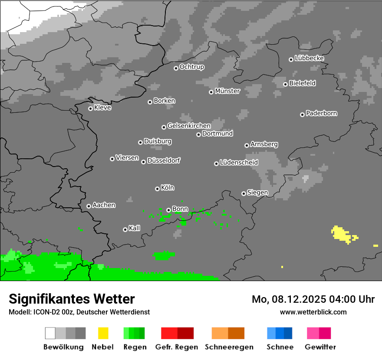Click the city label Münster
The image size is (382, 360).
[227, 91]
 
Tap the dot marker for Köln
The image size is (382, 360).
[157, 189]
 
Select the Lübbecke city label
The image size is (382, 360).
[309, 58]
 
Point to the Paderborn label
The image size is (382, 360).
[321, 113]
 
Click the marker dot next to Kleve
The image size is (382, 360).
[90, 108]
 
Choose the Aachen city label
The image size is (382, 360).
[104, 205]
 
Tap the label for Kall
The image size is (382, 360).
[135, 228]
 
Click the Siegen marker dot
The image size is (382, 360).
[244, 193]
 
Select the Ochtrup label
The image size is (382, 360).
[191, 67]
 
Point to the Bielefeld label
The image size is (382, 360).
[302, 83]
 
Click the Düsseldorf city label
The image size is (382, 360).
[164, 160]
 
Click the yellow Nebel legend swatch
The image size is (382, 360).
[103, 333]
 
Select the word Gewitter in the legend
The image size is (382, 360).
[320, 347]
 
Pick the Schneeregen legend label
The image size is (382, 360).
[228, 347]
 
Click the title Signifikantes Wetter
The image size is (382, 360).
[72, 299]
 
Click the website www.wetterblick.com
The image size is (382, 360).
[313, 312]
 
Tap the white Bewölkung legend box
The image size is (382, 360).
[50, 333]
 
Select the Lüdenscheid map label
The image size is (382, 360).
[239, 163]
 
